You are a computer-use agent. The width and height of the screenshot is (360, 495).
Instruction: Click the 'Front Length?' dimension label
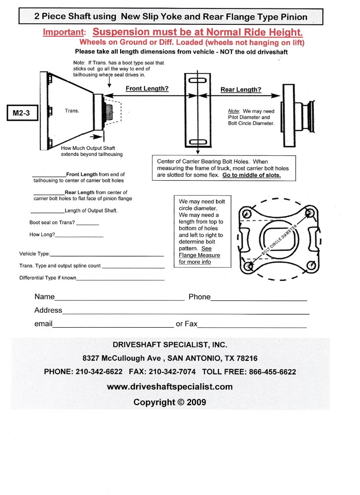pyautogui.click(x=147, y=88)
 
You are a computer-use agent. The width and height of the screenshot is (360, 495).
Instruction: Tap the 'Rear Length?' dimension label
pyautogui.click(x=241, y=90)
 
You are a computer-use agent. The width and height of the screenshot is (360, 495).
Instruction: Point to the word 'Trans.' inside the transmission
pyautogui.click(x=72, y=111)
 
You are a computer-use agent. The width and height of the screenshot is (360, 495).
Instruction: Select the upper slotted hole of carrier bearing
pyautogui.click(x=198, y=80)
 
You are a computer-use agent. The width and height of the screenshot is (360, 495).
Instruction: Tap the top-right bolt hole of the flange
pyautogui.click(x=310, y=213)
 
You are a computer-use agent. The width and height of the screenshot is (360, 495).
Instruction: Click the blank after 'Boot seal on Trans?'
pyautogui.click(x=88, y=225)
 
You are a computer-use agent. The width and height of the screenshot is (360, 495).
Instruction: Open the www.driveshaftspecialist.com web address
pyautogui.click(x=170, y=386)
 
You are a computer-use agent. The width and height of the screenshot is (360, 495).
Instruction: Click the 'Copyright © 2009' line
pyautogui.click(x=170, y=402)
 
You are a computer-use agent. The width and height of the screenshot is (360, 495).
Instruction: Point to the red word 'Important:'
pyautogui.click(x=64, y=32)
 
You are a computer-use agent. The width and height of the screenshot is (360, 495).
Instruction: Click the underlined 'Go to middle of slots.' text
pyautogui.click(x=251, y=175)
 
